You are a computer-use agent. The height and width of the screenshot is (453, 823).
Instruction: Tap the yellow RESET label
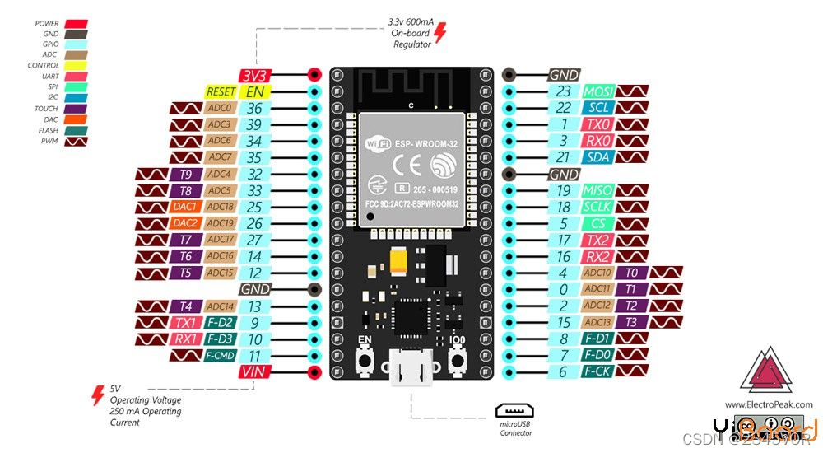click(x=221, y=92)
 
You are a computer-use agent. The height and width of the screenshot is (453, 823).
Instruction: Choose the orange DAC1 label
click(x=185, y=207)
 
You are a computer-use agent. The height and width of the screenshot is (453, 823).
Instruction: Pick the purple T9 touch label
click(x=185, y=174)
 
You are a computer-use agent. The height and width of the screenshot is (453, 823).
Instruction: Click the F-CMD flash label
click(x=220, y=356)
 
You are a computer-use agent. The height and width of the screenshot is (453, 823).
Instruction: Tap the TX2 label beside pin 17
click(x=598, y=240)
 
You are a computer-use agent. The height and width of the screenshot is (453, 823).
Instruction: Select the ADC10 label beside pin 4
click(x=598, y=273)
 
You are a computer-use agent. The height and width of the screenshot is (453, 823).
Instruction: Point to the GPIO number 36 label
click(x=255, y=109)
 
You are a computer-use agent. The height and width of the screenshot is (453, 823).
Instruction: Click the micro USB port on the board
click(x=411, y=369)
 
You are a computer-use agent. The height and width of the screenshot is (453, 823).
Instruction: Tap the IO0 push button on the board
click(x=458, y=360)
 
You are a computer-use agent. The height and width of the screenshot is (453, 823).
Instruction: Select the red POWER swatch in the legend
click(x=76, y=24)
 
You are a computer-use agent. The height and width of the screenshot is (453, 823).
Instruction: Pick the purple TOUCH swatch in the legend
click(x=76, y=109)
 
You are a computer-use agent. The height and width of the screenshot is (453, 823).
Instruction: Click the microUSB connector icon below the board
click(x=515, y=410)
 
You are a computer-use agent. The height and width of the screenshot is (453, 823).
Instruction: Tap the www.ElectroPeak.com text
click(x=768, y=404)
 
